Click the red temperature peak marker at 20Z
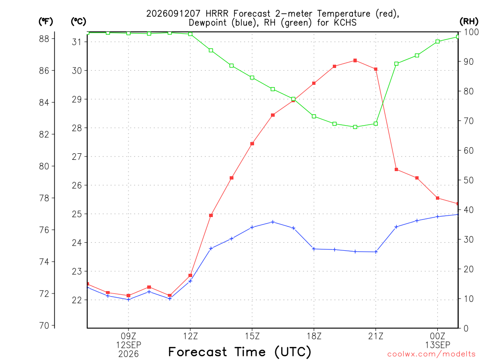click(355, 60)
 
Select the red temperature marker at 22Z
click(396, 169)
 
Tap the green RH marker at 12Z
click(190, 34)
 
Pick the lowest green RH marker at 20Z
click(355, 127)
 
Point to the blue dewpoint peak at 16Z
click(273, 222)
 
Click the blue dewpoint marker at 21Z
click(376, 252)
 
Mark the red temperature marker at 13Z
click(211, 216)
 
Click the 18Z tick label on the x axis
click(314, 337)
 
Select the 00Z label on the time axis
click(438, 337)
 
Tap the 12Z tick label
click(190, 337)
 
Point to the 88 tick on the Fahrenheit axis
click(44, 39)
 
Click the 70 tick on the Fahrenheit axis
click(44, 325)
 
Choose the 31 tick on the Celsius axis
click(76, 42)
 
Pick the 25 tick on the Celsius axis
click(76, 214)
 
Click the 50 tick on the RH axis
click(468, 180)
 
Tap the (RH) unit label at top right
click(469, 21)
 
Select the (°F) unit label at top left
click(45, 22)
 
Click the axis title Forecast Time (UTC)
click(240, 352)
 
